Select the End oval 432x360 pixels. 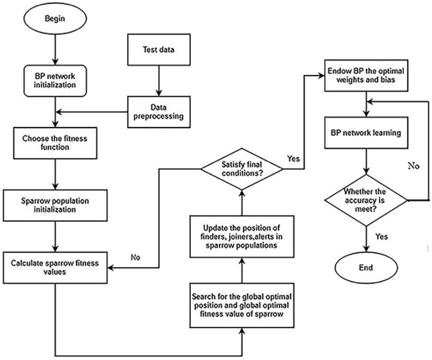click(365, 267)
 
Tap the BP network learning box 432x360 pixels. click(364, 131)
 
